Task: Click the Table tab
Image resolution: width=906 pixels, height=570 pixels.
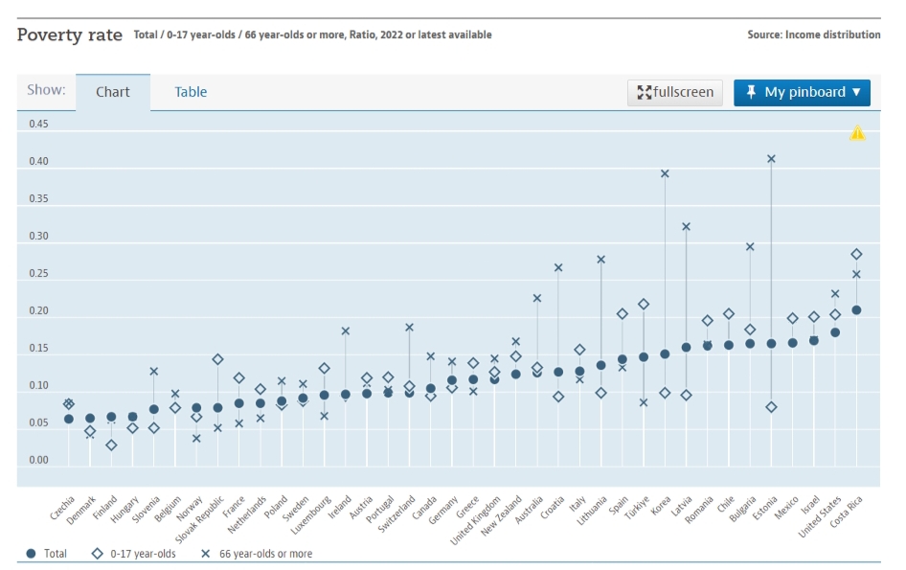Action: pyautogui.click(x=191, y=92)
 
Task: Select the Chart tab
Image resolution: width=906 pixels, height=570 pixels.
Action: pyautogui.click(x=113, y=92)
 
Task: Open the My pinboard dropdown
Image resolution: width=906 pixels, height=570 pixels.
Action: pyautogui.click(x=802, y=92)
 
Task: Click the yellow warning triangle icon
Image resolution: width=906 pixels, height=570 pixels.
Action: pyautogui.click(x=857, y=133)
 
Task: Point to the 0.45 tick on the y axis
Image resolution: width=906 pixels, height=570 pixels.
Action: pyautogui.click(x=38, y=125)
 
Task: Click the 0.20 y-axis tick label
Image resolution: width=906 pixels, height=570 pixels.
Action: pyautogui.click(x=38, y=311)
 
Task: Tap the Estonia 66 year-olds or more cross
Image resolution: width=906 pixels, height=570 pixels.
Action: pyautogui.click(x=771, y=158)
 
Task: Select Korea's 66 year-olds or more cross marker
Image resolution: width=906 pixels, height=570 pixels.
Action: pyautogui.click(x=665, y=173)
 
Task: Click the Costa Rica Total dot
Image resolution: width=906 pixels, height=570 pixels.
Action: pyautogui.click(x=856, y=309)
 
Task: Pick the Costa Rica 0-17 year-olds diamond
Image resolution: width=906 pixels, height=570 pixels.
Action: pyautogui.click(x=856, y=254)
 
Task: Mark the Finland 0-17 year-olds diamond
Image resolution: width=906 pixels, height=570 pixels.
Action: pyautogui.click(x=111, y=445)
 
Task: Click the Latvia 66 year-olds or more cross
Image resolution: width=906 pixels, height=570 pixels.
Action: pyautogui.click(x=686, y=226)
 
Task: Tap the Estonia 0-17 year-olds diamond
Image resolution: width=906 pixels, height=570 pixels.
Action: pyautogui.click(x=771, y=407)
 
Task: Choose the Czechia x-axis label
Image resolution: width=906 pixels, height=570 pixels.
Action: pyautogui.click(x=60, y=509)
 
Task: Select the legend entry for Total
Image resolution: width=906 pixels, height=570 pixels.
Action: pyautogui.click(x=46, y=554)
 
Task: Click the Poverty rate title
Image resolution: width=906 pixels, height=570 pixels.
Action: pyautogui.click(x=70, y=34)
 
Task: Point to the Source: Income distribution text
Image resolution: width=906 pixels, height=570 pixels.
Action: pyautogui.click(x=813, y=34)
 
